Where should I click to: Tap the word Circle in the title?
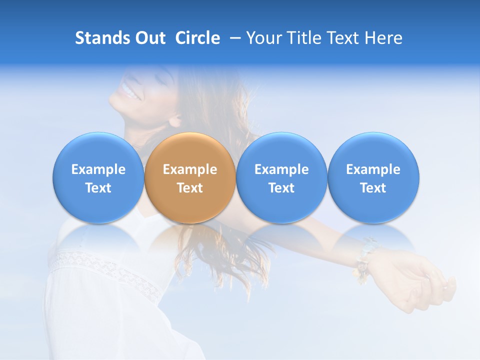(197, 38)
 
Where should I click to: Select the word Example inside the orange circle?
(189, 169)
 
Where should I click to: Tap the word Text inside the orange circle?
(189, 188)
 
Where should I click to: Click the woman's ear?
(175, 119)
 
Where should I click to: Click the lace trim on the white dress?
(105, 270)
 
